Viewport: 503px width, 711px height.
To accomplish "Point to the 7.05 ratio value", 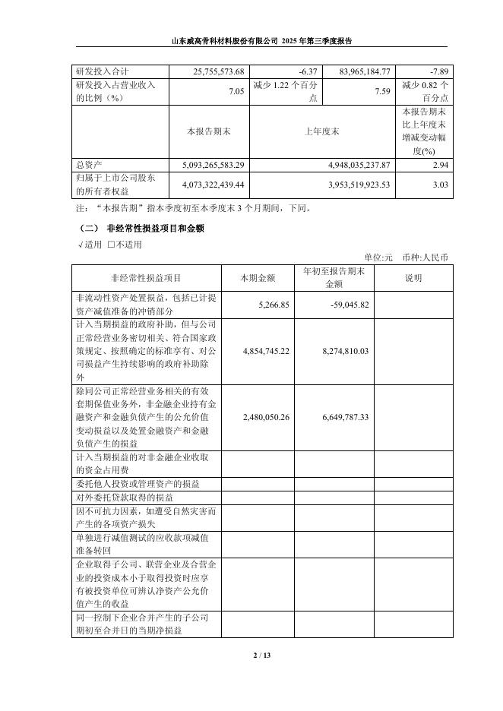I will (238, 91).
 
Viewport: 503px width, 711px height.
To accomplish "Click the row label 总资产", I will (88, 164).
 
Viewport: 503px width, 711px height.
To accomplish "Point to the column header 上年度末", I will (322, 131).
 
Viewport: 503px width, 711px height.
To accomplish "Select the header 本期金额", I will (258, 278).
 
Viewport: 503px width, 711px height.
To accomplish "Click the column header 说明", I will (413, 278).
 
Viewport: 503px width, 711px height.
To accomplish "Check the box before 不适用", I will (112, 245).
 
